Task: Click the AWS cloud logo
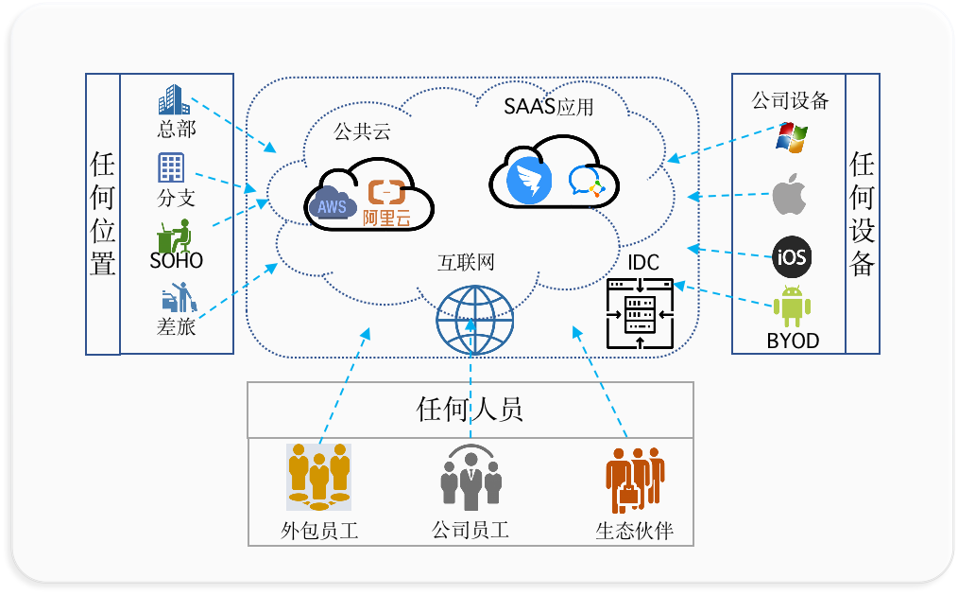pyautogui.click(x=331, y=202)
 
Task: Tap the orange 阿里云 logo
pyautogui.click(x=387, y=202)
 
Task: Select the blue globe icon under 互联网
pyautogui.click(x=474, y=318)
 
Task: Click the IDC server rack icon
pyautogui.click(x=640, y=315)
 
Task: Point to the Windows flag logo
pyautogui.click(x=790, y=136)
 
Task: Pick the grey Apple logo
pyautogui.click(x=790, y=195)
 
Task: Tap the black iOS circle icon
pyautogui.click(x=791, y=256)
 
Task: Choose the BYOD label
pyautogui.click(x=793, y=341)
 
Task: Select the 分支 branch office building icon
pyautogui.click(x=171, y=168)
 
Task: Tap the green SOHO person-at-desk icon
pyautogui.click(x=175, y=234)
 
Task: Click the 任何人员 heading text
pyautogui.click(x=470, y=410)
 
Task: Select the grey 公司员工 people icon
pyautogui.click(x=470, y=478)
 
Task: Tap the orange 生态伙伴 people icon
pyautogui.click(x=635, y=479)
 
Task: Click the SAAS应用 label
pyautogui.click(x=548, y=107)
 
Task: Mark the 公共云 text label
pyautogui.click(x=362, y=132)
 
